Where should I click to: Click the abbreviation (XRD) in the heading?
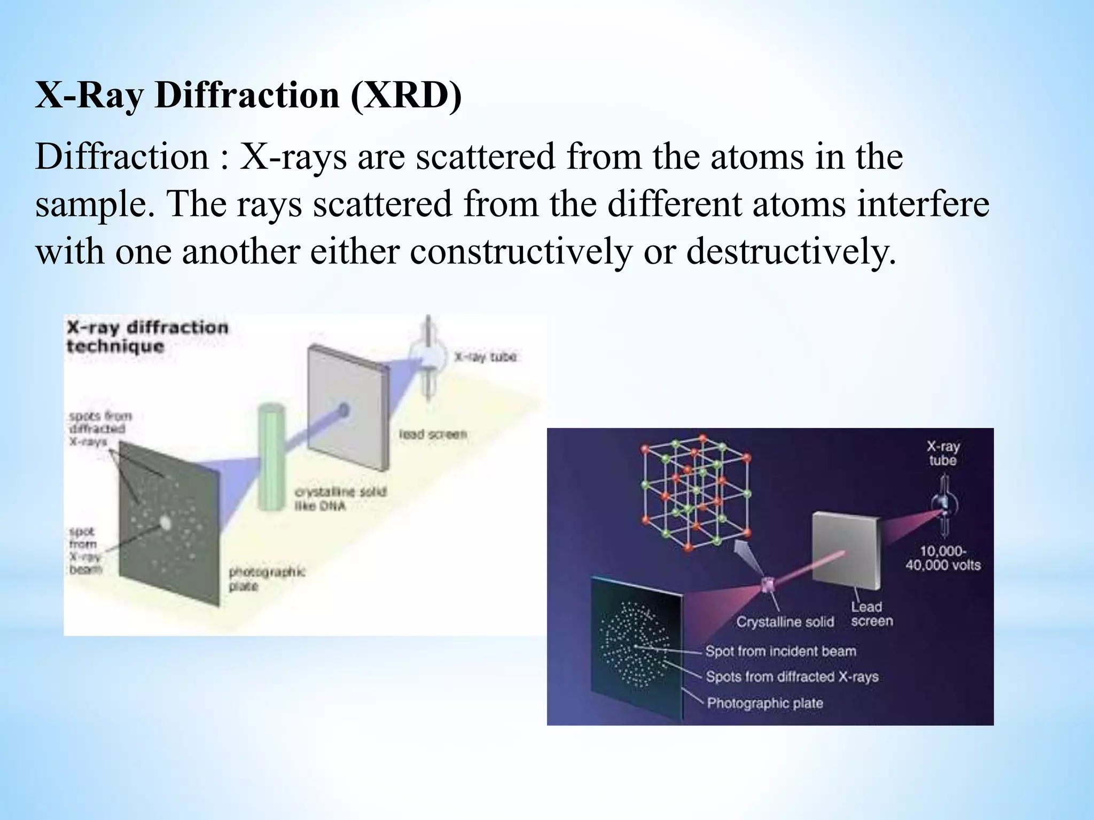(x=406, y=96)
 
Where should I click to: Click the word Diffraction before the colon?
(x=122, y=157)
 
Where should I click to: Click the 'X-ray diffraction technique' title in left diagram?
(x=147, y=336)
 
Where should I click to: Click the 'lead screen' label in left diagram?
(x=433, y=434)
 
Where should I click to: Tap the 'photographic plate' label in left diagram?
(x=267, y=579)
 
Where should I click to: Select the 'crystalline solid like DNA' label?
(x=340, y=498)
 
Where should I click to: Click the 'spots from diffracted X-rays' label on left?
(x=100, y=428)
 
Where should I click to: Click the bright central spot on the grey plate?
(x=166, y=523)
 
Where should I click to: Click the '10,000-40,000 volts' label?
(x=943, y=558)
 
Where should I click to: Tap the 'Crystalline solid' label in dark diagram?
(x=785, y=622)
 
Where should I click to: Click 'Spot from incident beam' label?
(x=780, y=651)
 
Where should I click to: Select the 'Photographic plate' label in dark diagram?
(x=764, y=703)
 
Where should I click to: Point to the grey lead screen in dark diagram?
(x=844, y=550)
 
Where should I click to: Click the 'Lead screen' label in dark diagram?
(x=871, y=614)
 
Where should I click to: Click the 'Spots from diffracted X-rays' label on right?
(x=792, y=677)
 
